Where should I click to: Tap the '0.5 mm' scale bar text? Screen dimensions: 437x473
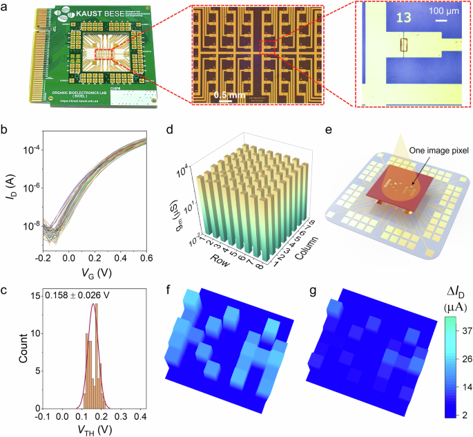pyautogui.click(x=229, y=94)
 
